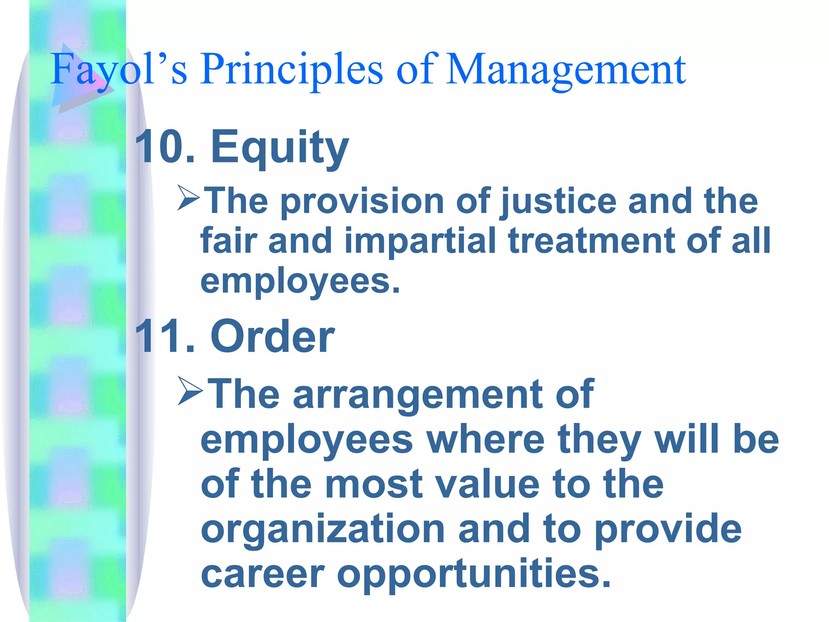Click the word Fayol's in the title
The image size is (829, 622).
point(119,70)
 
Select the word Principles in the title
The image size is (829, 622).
point(291,70)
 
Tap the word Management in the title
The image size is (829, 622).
point(565,70)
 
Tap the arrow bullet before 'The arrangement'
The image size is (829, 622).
point(189,390)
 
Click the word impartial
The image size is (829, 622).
point(420,241)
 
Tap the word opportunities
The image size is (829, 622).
point(473,575)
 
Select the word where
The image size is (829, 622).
point(486,440)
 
